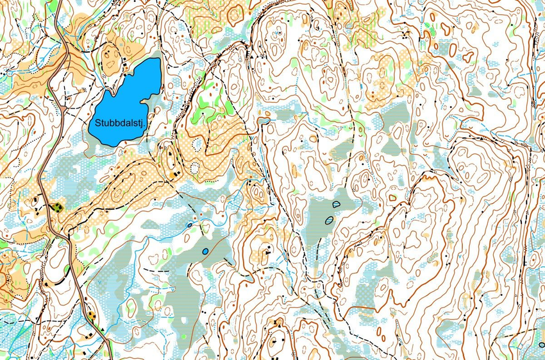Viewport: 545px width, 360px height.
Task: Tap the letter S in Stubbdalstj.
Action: point(97,122)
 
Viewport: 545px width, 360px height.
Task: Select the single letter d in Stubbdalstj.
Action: point(120,122)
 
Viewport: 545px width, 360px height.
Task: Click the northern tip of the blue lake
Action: point(156,60)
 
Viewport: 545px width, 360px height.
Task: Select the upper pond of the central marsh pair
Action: point(336,204)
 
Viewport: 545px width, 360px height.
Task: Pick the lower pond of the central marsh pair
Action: point(329,219)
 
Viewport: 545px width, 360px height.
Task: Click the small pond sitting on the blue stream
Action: point(189,225)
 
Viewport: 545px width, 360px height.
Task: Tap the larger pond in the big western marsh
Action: point(205,251)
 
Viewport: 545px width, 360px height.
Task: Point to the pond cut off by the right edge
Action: point(542,345)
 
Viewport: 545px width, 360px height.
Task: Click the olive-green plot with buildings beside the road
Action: point(58,207)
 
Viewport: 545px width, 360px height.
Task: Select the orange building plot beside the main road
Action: point(91,314)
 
